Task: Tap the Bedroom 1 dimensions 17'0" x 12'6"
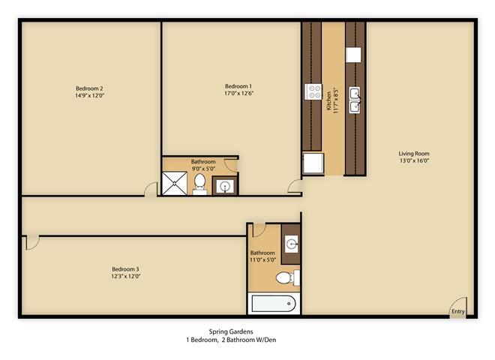click(x=238, y=94)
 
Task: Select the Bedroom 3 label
click(x=125, y=268)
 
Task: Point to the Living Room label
click(x=413, y=153)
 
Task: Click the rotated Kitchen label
click(x=328, y=101)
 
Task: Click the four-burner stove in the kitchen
click(x=313, y=92)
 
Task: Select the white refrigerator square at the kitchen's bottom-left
click(x=313, y=163)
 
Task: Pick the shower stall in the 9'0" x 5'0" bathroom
click(x=174, y=183)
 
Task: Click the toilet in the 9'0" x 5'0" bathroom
click(x=200, y=183)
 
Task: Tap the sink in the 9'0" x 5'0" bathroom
click(x=224, y=185)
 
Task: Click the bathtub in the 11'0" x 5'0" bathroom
click(x=272, y=304)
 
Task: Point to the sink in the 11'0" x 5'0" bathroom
click(x=292, y=244)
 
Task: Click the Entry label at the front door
click(x=457, y=311)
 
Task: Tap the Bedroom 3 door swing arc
click(x=31, y=242)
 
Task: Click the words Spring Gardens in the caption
click(x=231, y=331)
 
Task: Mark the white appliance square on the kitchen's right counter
click(x=353, y=55)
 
